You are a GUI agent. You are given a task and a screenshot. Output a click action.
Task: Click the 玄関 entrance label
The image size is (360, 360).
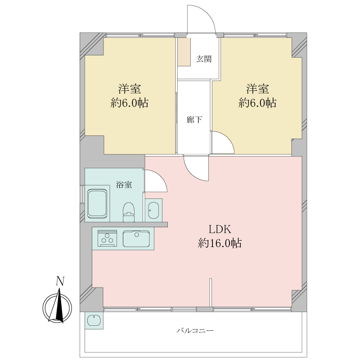click(204, 59)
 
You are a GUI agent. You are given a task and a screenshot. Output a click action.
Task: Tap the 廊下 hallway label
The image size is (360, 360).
click(194, 120)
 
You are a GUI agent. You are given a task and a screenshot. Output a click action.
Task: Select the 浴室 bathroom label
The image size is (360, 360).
click(124, 185)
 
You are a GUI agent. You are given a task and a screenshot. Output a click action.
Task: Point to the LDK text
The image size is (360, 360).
click(220, 229)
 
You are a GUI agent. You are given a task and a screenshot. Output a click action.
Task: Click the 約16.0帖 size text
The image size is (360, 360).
click(220, 243)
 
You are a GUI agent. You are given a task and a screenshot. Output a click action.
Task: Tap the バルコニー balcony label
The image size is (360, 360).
click(195, 331)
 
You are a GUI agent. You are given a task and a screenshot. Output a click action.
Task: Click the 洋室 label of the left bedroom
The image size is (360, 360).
click(130, 89)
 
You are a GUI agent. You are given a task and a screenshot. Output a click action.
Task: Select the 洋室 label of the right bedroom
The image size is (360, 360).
click(257, 89)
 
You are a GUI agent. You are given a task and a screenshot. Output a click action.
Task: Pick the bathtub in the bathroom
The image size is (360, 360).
click(97, 203)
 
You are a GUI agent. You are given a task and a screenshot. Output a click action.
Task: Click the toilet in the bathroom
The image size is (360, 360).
click(129, 211)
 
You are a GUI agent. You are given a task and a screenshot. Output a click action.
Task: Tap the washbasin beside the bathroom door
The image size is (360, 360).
click(153, 210)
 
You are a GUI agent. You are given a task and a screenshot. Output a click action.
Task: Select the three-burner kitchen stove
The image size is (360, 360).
click(107, 238)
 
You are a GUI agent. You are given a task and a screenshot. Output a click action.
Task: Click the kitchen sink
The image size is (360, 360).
click(136, 238)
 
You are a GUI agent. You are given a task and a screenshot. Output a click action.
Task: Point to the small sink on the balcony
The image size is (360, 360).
click(94, 320)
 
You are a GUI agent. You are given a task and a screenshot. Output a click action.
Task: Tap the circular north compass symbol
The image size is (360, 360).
click(58, 308)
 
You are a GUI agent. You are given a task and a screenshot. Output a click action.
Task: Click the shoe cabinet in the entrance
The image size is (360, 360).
click(184, 52)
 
